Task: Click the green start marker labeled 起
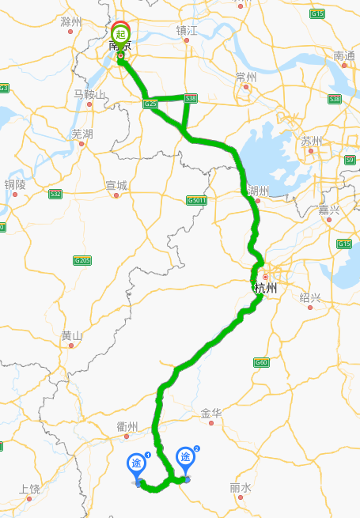click(120, 33)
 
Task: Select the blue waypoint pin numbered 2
click(186, 458)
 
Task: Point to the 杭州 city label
click(266, 289)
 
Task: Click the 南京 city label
click(119, 47)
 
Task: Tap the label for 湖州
click(258, 191)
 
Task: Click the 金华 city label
click(211, 413)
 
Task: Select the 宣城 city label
click(116, 185)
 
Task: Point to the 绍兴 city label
click(310, 297)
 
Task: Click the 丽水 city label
click(241, 488)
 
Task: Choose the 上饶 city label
click(29, 488)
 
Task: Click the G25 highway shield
click(150, 104)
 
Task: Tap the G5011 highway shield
click(197, 200)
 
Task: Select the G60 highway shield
click(261, 362)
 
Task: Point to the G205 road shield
click(82, 260)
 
